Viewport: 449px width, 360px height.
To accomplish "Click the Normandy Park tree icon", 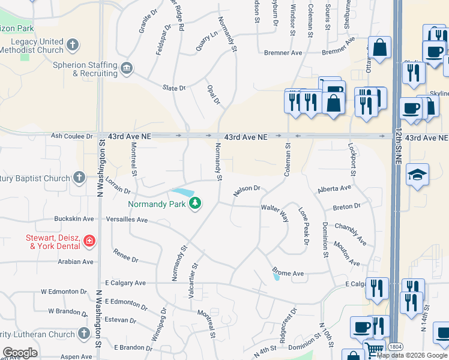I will [194, 203].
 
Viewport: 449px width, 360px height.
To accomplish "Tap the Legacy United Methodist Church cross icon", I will [73, 44].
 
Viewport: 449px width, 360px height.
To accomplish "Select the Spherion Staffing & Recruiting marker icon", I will [127, 68].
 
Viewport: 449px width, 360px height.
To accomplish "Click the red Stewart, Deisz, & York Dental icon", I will [89, 241].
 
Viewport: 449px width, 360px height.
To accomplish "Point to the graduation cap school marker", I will [417, 174].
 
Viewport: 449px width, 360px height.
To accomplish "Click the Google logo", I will [20, 353].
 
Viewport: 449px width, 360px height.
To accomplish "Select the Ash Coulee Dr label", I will [72, 137].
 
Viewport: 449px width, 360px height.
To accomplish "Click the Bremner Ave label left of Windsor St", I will [283, 53].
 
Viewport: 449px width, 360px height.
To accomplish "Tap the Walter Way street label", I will [275, 212].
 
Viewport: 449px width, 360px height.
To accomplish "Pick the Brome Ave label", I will [288, 272].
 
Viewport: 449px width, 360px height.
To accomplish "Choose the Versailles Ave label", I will [126, 220].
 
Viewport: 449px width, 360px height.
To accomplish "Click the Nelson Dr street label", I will [247, 190].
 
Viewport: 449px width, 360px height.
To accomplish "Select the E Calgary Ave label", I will [125, 283].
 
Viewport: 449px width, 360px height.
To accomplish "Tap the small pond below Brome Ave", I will [276, 277].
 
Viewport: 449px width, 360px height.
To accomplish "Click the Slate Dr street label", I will [174, 88].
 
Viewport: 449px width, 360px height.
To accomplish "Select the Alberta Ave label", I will [334, 188].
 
